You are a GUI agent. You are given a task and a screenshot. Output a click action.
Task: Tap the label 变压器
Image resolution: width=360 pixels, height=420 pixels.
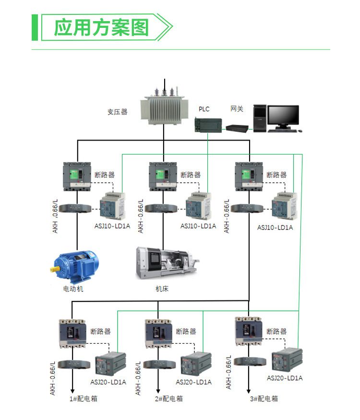(117, 112)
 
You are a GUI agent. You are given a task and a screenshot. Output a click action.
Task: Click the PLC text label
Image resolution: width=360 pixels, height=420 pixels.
(204, 109)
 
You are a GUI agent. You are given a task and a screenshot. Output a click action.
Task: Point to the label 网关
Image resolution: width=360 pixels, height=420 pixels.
(237, 109)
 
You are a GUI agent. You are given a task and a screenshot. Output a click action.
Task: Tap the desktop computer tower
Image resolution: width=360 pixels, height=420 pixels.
(260, 118)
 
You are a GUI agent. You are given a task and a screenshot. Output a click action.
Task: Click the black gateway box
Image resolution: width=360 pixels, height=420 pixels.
(238, 128)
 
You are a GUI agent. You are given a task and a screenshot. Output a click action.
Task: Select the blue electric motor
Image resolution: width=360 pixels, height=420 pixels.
(76, 265)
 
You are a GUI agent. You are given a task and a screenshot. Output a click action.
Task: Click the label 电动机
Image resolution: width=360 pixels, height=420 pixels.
(73, 289)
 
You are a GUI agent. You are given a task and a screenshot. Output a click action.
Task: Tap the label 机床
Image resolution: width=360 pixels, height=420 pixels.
(162, 289)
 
